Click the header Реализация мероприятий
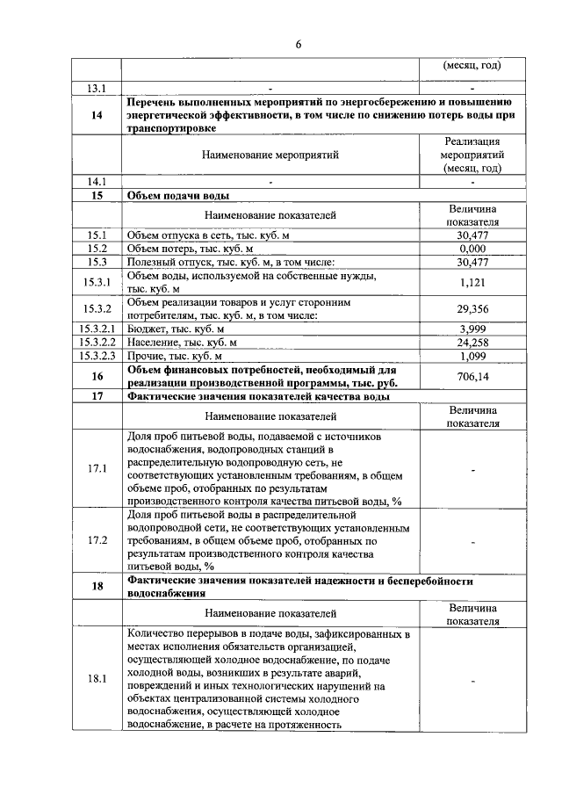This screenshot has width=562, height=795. pyautogui.click(x=472, y=155)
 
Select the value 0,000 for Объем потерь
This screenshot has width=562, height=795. pyautogui.click(x=472, y=249)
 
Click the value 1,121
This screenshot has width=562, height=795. pyautogui.click(x=472, y=282)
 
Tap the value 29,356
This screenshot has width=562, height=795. pyautogui.click(x=472, y=309)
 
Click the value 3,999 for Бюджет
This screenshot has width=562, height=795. pyautogui.click(x=472, y=329)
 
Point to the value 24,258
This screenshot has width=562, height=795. pyautogui.click(x=472, y=343)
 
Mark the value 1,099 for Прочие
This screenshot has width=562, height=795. pyautogui.click(x=472, y=357)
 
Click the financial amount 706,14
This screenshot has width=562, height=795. pyautogui.click(x=472, y=376)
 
